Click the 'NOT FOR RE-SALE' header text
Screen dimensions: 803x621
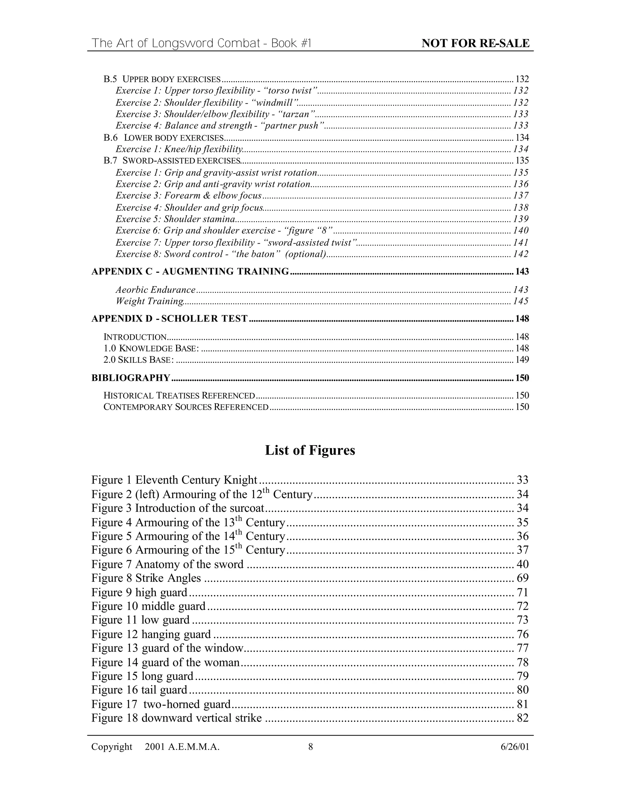point(475,43)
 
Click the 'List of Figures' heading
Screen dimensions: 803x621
point(310,450)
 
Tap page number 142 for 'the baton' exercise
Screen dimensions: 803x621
point(521,254)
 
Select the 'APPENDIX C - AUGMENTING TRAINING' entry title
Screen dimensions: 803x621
point(190,271)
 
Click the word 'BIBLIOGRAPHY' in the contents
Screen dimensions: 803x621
point(131,378)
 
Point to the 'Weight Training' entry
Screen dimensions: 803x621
point(150,301)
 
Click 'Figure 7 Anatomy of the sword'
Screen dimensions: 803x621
point(167,564)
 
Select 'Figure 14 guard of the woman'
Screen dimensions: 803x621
point(166,662)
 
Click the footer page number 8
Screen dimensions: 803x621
point(310,747)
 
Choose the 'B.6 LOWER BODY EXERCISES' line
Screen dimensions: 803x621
point(164,138)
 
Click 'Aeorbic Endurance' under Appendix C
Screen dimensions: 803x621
point(156,290)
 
